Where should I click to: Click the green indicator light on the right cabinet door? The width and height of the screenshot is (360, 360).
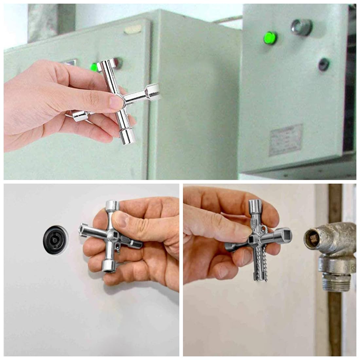point(270,38)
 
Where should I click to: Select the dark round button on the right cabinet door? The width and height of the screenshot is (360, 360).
point(324,64)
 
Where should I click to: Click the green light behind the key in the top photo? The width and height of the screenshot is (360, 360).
point(94,67)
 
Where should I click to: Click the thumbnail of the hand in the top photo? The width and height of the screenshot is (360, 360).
point(116,102)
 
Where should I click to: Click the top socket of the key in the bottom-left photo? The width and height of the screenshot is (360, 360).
point(112,206)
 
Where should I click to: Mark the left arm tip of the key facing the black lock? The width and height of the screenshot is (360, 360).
point(82,229)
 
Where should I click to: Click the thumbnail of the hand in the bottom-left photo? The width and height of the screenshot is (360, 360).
point(121,220)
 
